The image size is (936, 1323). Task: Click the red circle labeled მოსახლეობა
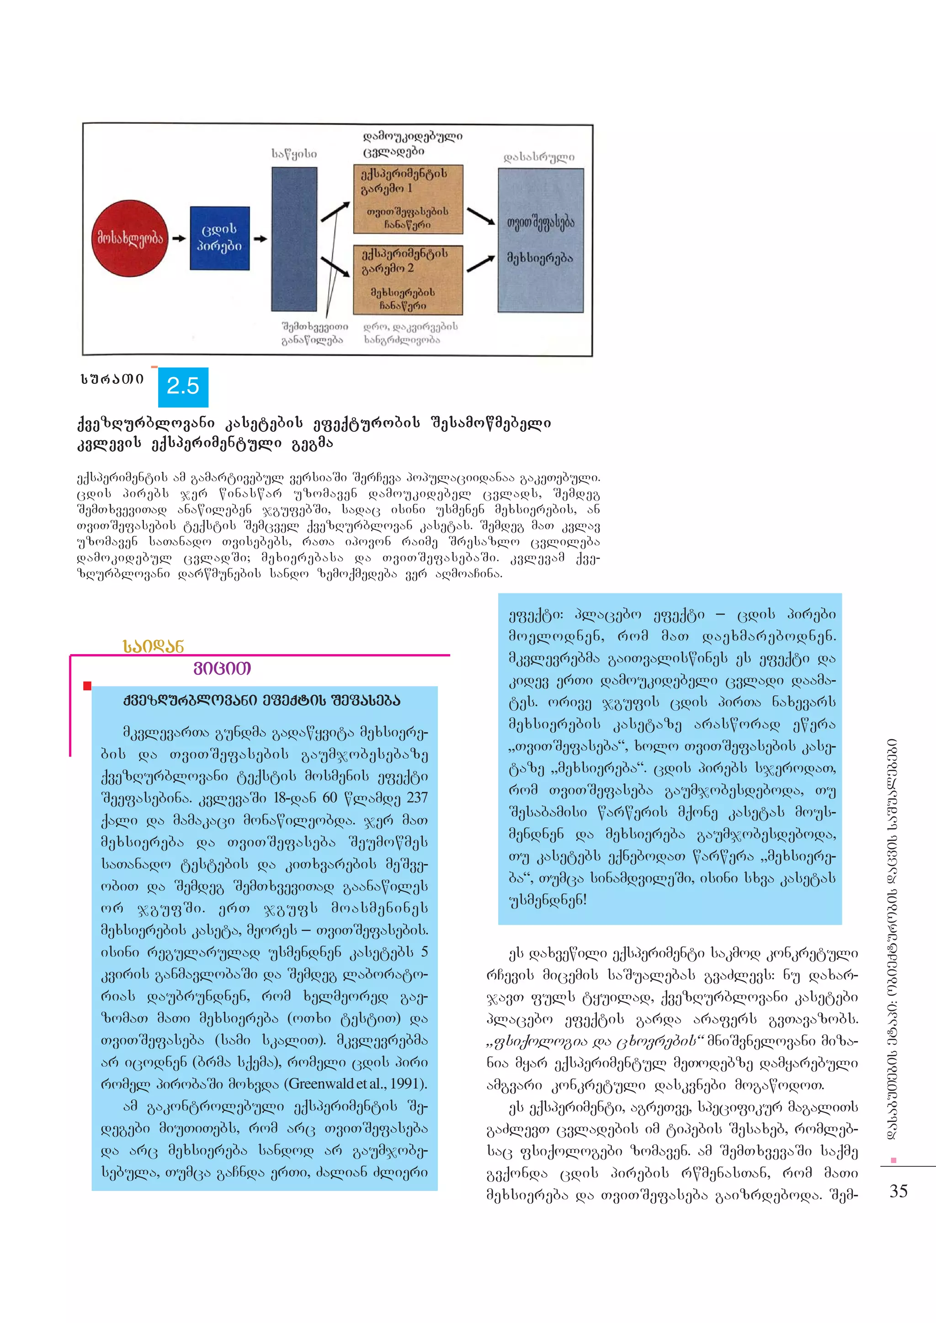(130, 238)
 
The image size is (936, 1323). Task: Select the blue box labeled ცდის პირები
(219, 238)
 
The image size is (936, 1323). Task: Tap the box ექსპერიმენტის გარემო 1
(408, 199)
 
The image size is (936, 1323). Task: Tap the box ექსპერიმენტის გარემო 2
(408, 280)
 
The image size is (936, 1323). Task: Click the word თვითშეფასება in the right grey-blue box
(541, 222)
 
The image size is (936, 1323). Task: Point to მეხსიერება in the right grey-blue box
(540, 258)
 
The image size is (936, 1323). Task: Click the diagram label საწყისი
(294, 154)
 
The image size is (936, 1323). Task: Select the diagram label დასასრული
(539, 157)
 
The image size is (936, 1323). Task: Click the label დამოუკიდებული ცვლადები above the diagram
(412, 143)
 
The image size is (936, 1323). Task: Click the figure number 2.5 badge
(183, 386)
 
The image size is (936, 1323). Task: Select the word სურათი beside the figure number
(112, 379)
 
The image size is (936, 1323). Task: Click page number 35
(899, 1191)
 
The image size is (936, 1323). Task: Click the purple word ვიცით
(223, 669)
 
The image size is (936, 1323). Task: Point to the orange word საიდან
(153, 646)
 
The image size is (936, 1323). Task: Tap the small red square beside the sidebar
(87, 686)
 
